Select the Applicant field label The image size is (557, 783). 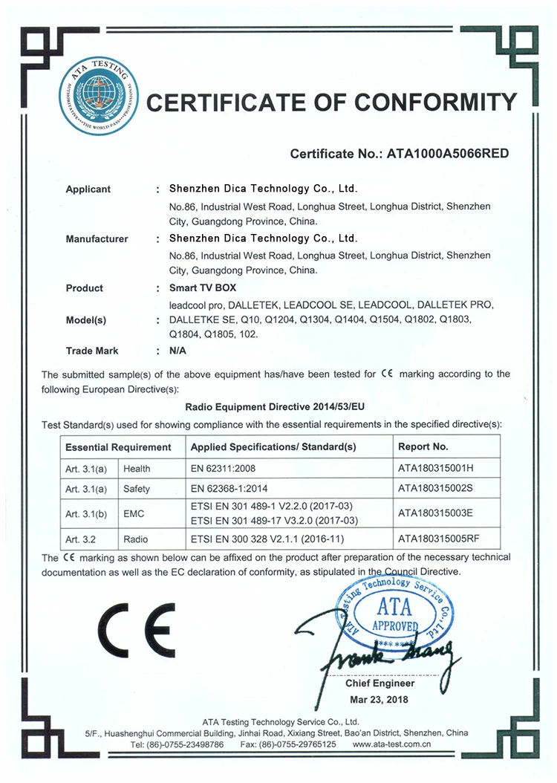[88, 189]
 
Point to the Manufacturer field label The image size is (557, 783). [97, 239]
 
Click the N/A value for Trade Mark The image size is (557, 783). [178, 351]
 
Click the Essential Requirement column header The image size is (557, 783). [119, 447]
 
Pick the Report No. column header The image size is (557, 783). [423, 447]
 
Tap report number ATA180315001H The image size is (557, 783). [435, 469]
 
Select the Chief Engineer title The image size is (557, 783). [380, 683]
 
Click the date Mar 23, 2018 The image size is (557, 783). [379, 700]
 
